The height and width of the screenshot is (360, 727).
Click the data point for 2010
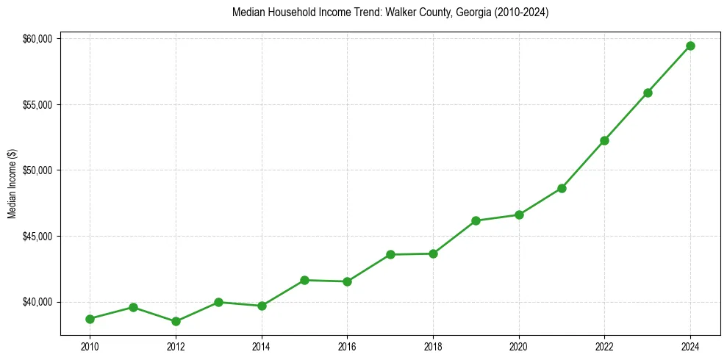[90, 319]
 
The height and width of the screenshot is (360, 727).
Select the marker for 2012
[176, 321]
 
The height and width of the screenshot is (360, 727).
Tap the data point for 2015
[304, 280]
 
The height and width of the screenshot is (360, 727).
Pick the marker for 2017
[390, 254]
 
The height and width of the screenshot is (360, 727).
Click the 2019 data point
[476, 220]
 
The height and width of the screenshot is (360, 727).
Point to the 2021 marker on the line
[562, 188]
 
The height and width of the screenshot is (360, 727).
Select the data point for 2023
[648, 93]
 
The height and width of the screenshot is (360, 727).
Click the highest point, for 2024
[690, 46]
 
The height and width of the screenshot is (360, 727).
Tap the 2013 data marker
[218, 302]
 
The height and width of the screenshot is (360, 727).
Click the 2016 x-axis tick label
[347, 345]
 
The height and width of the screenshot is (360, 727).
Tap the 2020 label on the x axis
[519, 345]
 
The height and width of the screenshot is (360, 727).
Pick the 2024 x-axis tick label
[690, 345]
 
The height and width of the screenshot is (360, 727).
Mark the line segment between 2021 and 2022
[583, 164]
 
